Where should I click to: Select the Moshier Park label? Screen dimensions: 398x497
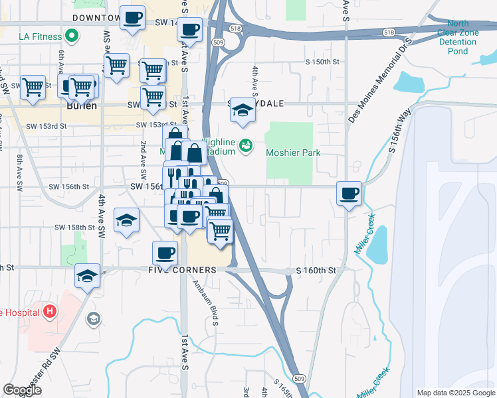coord(293,153)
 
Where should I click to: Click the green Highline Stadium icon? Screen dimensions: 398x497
coord(246,143)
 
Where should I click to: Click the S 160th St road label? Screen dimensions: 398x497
coord(316,271)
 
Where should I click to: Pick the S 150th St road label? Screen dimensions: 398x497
coord(322,62)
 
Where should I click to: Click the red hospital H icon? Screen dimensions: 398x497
coord(49,310)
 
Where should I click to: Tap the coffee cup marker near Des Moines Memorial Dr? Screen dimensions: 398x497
coord(349,193)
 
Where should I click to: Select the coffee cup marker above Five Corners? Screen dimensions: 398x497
coord(165,252)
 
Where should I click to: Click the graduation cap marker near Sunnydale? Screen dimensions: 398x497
coord(243,111)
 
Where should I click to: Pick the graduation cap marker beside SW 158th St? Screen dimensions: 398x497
coord(126,221)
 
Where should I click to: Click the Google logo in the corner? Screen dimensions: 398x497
coord(23,390)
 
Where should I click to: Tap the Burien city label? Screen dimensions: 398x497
coord(82,105)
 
